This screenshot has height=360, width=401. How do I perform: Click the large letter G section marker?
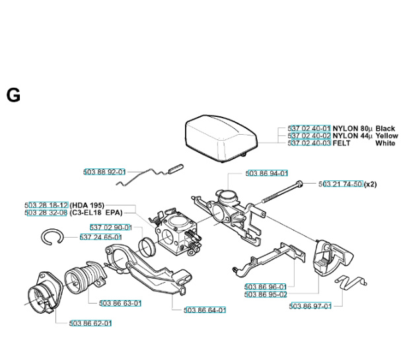pos(13,95)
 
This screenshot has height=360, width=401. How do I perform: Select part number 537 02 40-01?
pos(309,129)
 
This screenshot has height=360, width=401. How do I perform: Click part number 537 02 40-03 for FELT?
pos(309,143)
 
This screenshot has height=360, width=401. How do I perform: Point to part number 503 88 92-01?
pos(104,172)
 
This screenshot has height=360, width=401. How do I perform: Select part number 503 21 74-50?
pos(341,184)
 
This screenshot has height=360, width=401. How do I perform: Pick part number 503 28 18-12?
pos(46,205)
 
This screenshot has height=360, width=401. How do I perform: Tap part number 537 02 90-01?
pos(112,228)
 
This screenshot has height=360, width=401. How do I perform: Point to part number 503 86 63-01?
pos(120,303)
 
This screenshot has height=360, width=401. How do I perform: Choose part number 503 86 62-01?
pos(91,323)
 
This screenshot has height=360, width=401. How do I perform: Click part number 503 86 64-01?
pos(205,310)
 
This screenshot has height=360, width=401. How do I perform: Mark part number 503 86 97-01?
pos(310,306)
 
